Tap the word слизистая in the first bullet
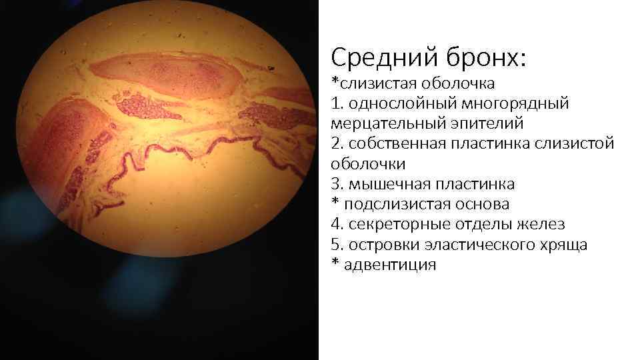click(377, 83)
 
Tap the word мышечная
click(385, 184)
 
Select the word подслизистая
click(395, 204)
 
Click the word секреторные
click(398, 224)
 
